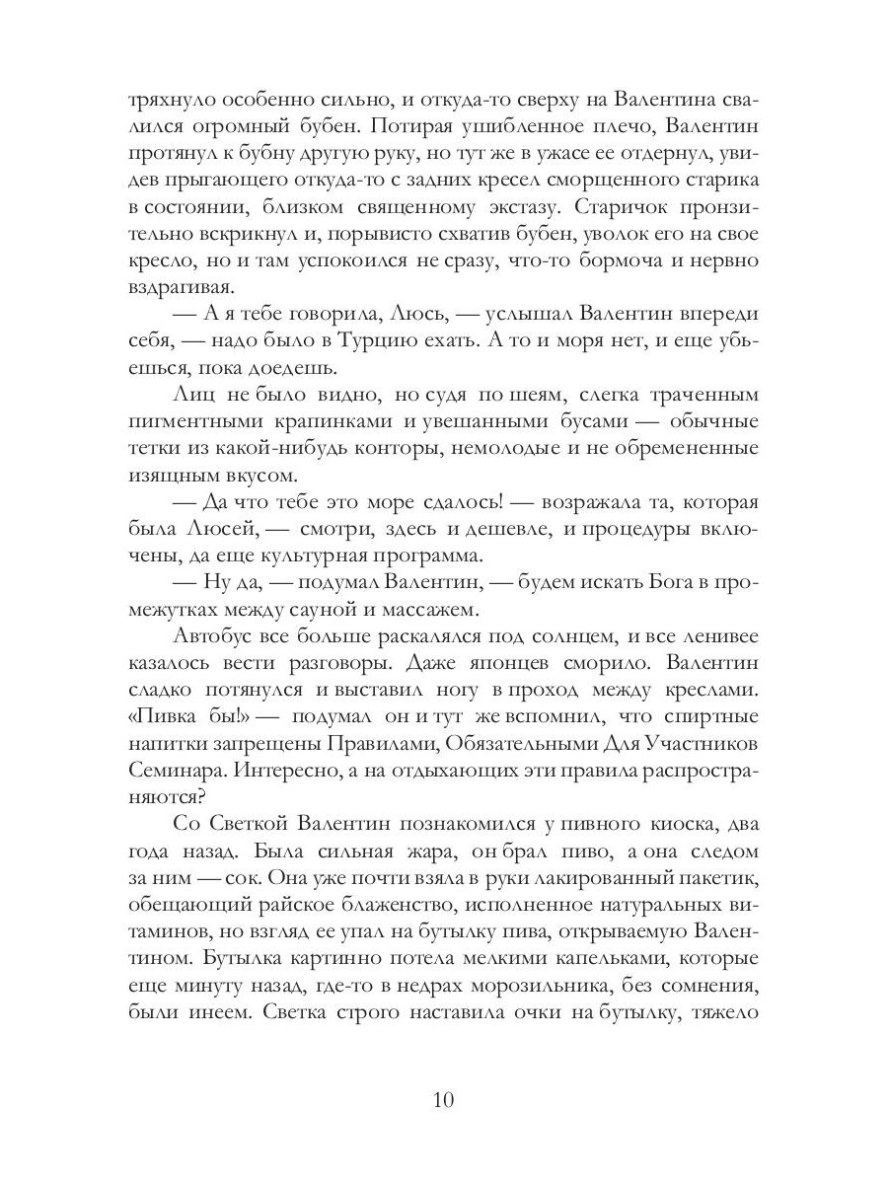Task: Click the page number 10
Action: pos(443,1101)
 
